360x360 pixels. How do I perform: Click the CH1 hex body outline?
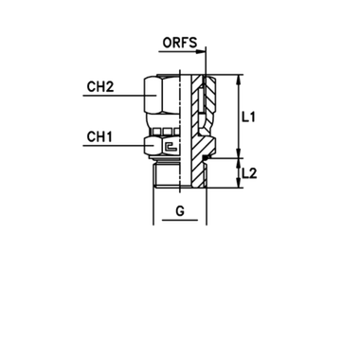(x=159, y=148)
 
